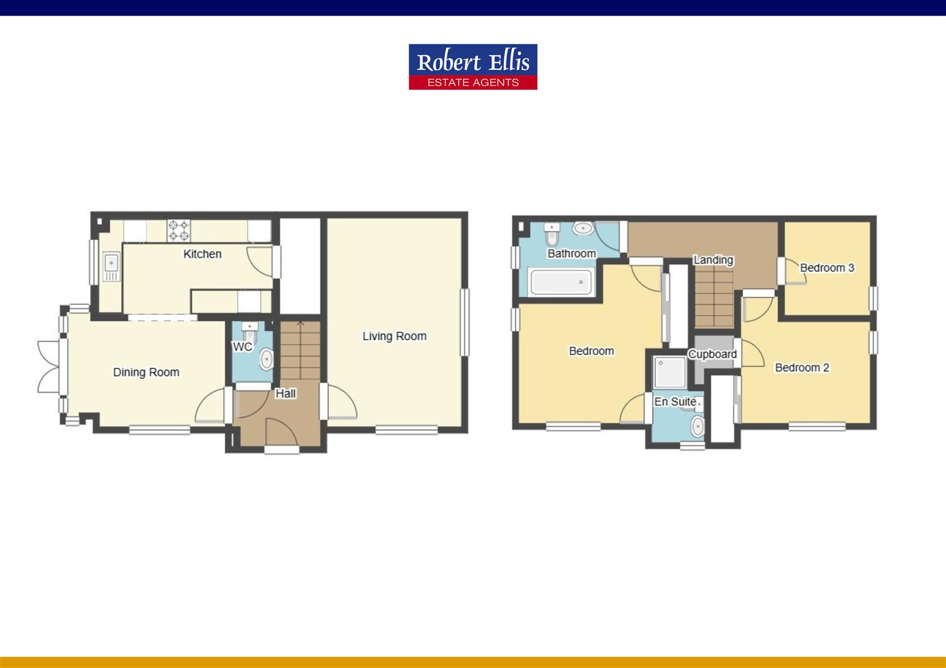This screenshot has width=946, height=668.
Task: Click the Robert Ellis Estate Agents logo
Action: [x=472, y=67]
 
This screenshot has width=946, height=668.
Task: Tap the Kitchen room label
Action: [x=202, y=254]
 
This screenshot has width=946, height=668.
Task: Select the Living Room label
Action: [x=394, y=336]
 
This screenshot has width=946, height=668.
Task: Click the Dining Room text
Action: [x=146, y=372]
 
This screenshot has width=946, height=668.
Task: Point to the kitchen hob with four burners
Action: [x=179, y=231]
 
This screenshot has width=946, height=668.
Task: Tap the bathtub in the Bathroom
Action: [x=562, y=283]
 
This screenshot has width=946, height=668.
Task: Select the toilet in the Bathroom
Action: [x=552, y=235]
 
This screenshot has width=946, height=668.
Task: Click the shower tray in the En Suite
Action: [x=670, y=372]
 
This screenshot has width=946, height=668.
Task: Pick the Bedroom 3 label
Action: [x=827, y=268]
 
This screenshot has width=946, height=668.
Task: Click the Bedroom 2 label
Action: [x=802, y=367]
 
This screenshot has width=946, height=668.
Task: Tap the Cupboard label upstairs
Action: [x=713, y=354]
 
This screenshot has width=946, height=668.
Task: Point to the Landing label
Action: [x=713, y=260]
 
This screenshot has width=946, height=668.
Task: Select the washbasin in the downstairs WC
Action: [x=266, y=359]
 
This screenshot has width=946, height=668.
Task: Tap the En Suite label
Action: [x=675, y=402]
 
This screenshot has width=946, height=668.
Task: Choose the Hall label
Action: [x=285, y=393]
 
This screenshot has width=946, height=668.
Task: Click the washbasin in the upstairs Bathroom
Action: [x=583, y=229]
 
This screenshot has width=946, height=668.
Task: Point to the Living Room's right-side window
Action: [x=465, y=322]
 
